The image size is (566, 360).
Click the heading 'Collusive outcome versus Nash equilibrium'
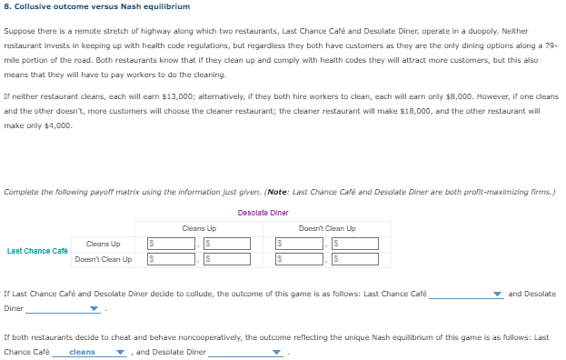click(x=94, y=6)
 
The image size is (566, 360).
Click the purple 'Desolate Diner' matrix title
click(x=263, y=213)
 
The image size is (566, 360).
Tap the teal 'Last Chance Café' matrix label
click(x=36, y=251)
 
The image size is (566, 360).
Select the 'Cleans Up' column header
click(x=199, y=228)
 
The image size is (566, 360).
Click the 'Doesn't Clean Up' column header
click(x=327, y=228)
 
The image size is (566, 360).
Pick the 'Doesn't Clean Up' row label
click(x=103, y=259)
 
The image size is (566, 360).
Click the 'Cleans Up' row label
click(x=103, y=244)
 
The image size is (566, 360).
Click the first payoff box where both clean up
click(x=172, y=244)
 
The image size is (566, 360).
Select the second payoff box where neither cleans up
click(x=354, y=259)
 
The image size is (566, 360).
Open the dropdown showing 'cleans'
click(x=89, y=352)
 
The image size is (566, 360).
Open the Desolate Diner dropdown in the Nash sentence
click(x=245, y=352)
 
